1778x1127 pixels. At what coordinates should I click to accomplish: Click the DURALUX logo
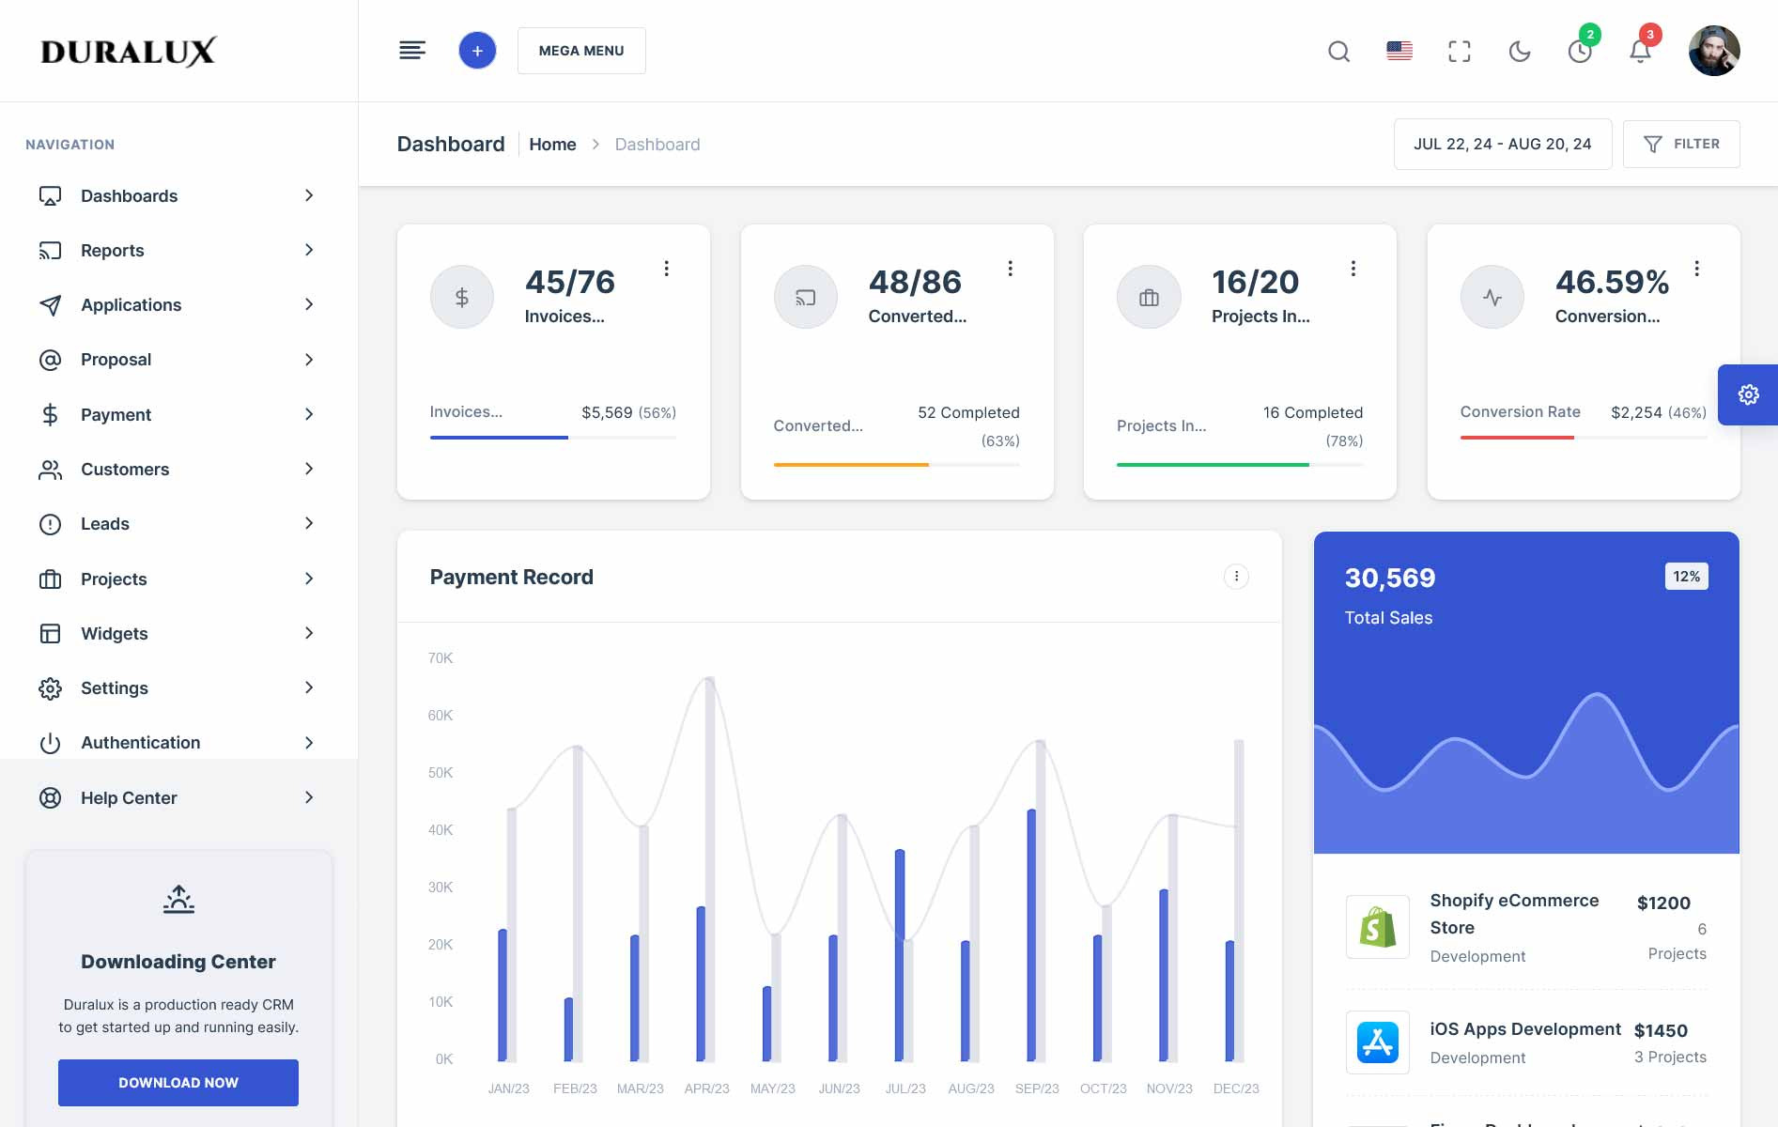(x=129, y=52)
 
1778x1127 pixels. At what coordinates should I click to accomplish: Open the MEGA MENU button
(x=581, y=51)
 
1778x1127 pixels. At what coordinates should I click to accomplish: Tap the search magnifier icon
(x=1338, y=52)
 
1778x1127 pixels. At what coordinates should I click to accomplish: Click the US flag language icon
(x=1399, y=51)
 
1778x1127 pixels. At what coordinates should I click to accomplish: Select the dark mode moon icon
(x=1520, y=52)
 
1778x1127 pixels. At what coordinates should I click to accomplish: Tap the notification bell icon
(x=1640, y=52)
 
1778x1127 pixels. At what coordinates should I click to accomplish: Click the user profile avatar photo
(x=1714, y=51)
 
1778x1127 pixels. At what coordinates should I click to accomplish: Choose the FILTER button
(x=1681, y=144)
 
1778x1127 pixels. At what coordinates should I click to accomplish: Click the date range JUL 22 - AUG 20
(x=1502, y=144)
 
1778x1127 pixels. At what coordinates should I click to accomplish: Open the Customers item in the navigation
(x=125, y=470)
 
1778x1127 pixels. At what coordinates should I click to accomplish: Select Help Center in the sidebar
(x=129, y=798)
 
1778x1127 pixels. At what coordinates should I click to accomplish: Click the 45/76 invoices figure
(x=569, y=282)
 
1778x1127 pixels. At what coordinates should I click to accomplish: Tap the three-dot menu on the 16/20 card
(x=1353, y=269)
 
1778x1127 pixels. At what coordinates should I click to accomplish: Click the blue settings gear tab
(x=1748, y=394)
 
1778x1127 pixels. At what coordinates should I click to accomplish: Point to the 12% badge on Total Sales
(x=1686, y=577)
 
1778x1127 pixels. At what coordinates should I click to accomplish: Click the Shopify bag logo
(x=1377, y=927)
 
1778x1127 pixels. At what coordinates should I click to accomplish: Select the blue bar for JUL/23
(x=900, y=954)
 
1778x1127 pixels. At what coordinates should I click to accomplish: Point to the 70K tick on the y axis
(x=441, y=658)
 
